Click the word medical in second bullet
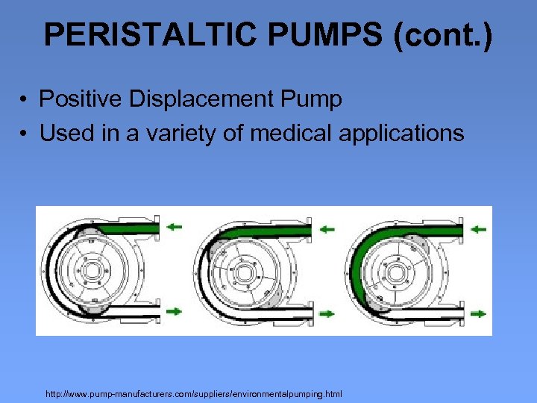pyautogui.click(x=292, y=134)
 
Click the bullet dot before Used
pyautogui.click(x=25, y=134)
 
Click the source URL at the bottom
pyautogui.click(x=193, y=393)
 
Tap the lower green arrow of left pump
pyautogui.click(x=174, y=311)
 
